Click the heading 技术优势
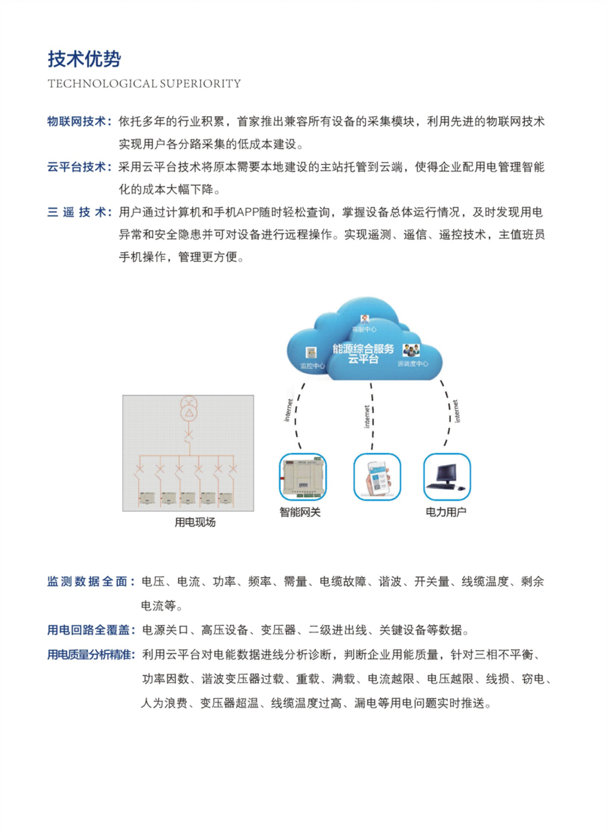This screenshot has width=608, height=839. tap(84, 59)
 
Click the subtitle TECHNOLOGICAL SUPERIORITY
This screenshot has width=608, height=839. tap(144, 84)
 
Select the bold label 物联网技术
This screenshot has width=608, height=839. tap(77, 121)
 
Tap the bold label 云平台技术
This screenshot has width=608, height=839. tap(77, 167)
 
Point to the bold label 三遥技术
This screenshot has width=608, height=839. tap(77, 212)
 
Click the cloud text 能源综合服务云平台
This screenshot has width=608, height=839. tap(363, 353)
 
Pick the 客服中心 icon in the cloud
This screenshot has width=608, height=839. tap(365, 319)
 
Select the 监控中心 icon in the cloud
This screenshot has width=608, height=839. tap(311, 353)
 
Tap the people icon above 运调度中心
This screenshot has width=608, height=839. tap(411, 351)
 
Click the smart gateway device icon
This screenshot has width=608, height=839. tap(302, 477)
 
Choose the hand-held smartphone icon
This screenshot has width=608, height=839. tap(377, 477)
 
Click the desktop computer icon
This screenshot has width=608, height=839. tap(446, 477)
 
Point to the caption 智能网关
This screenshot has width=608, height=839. tap(300, 512)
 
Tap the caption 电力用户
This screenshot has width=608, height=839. tap(446, 512)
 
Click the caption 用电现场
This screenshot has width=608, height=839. tap(195, 522)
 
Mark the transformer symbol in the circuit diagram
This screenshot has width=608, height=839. tap(188, 408)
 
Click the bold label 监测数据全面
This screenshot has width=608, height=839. tap(89, 582)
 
